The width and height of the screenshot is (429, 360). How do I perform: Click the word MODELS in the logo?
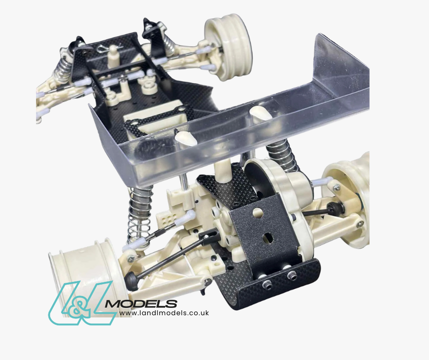coord(141,304)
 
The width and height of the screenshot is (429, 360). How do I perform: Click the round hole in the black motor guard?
coord(258,212)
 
